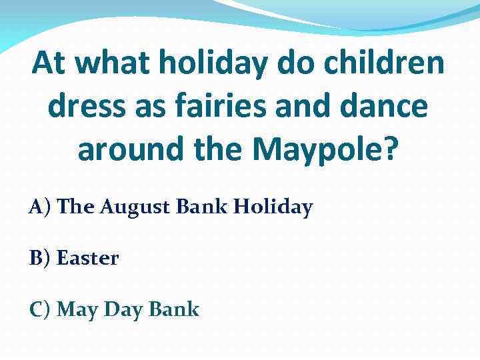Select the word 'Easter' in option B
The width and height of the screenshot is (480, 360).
click(x=87, y=258)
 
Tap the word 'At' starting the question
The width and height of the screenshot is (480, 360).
click(x=48, y=65)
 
